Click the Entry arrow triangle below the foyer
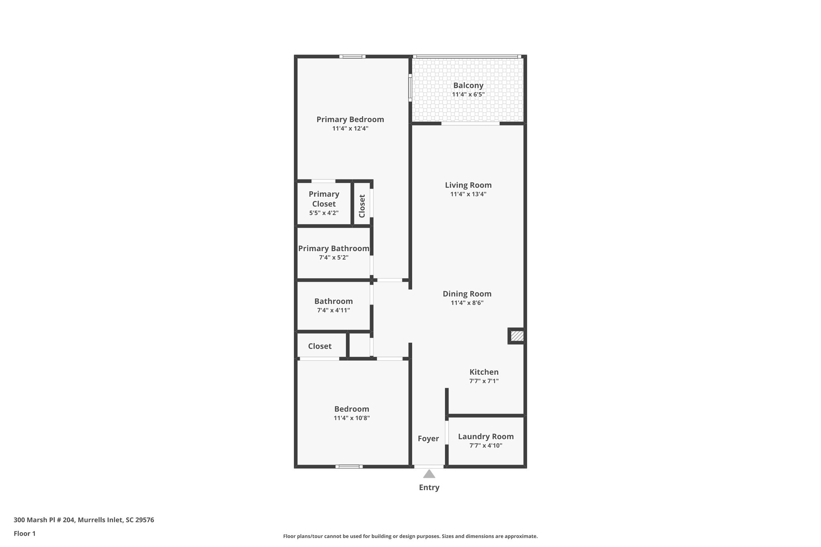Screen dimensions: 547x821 (x=429, y=474)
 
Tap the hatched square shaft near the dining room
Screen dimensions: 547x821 (x=517, y=336)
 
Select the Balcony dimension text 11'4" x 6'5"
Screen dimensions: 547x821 (x=468, y=95)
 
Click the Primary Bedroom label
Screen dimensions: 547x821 (x=350, y=119)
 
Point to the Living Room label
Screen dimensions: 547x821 (x=468, y=185)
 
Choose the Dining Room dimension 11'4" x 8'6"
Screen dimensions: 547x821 (x=467, y=303)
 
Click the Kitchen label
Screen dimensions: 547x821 (x=484, y=372)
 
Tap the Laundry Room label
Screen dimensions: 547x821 (x=485, y=436)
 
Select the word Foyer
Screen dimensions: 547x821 (x=428, y=438)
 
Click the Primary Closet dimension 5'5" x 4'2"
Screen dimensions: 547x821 (x=324, y=213)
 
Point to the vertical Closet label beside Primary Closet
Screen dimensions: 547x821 (x=362, y=206)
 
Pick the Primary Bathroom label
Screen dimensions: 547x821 (x=334, y=248)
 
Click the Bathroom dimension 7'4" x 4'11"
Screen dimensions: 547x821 (x=334, y=310)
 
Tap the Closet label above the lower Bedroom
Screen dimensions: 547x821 (x=320, y=346)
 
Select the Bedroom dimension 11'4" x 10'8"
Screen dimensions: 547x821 (x=352, y=418)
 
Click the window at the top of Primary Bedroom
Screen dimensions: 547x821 (x=352, y=57)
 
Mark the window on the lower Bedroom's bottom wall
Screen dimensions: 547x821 (x=349, y=466)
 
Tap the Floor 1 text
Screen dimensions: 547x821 (x=24, y=533)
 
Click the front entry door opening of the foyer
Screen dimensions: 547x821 (x=429, y=466)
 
